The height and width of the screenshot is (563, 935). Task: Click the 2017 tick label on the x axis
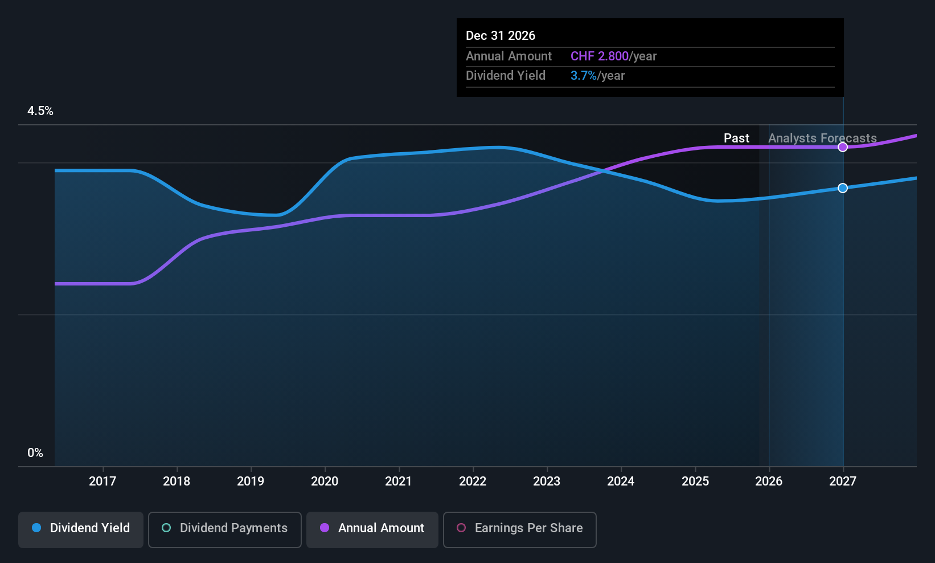102,481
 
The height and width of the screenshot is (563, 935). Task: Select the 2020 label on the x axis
325,481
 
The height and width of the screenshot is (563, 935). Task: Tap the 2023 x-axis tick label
547,481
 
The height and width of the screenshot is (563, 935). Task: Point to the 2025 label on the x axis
695,481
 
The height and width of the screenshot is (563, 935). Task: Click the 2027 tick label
843,481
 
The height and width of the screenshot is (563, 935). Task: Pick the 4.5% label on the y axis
40,111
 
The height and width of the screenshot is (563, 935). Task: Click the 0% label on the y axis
35,453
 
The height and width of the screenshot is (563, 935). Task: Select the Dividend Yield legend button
81,528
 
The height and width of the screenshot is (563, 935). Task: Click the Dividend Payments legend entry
225,528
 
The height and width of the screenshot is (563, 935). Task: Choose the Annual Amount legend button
372,528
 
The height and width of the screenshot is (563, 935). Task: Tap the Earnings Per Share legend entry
520,528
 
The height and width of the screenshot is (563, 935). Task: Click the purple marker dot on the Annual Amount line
843,147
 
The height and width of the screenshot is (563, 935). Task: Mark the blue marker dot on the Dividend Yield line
843,188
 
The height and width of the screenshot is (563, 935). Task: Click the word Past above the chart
736,138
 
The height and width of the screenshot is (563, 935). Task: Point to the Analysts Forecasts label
822,138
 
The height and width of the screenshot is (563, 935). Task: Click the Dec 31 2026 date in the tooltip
501,36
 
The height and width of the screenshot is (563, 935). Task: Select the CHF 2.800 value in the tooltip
600,56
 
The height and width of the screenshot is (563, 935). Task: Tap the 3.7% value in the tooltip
584,76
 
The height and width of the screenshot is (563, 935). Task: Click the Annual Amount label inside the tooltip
508,56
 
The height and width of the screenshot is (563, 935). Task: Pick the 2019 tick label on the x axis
251,481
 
